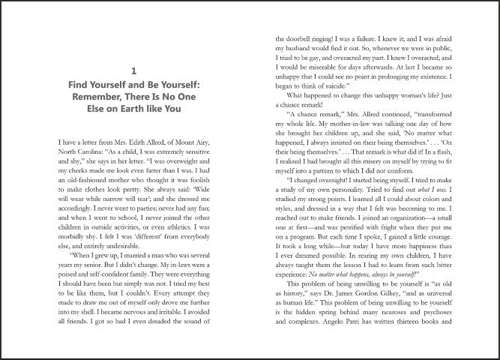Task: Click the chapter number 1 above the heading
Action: click(133, 71)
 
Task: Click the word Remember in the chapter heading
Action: click(99, 96)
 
